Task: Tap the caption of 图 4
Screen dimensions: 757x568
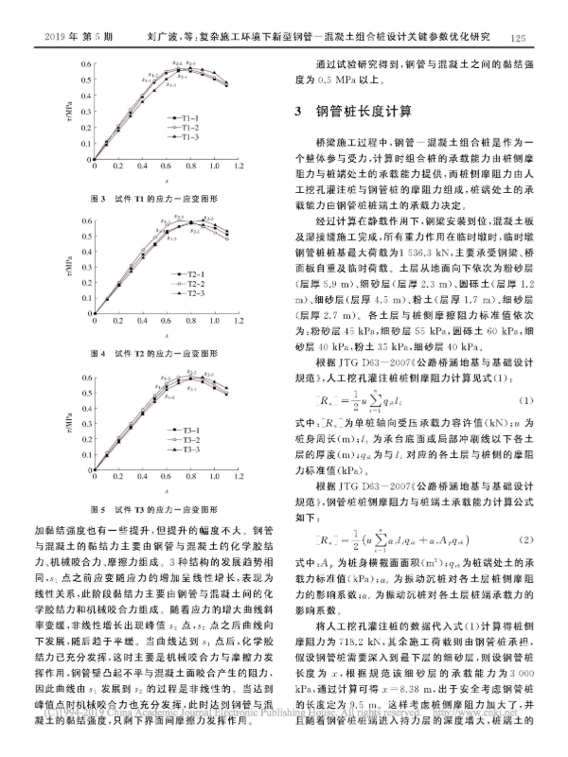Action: [152, 353]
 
